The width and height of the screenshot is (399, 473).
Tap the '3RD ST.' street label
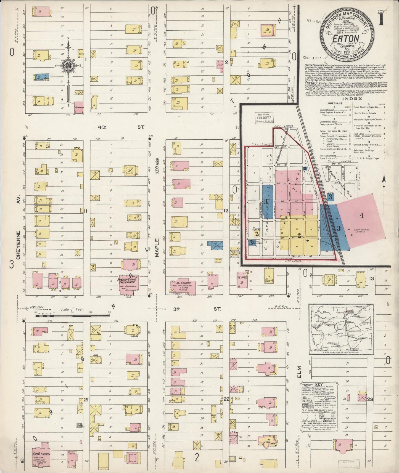(x=197, y=309)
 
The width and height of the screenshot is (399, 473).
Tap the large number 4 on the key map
(x=361, y=216)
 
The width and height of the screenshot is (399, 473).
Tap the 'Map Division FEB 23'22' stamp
(x=264, y=118)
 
